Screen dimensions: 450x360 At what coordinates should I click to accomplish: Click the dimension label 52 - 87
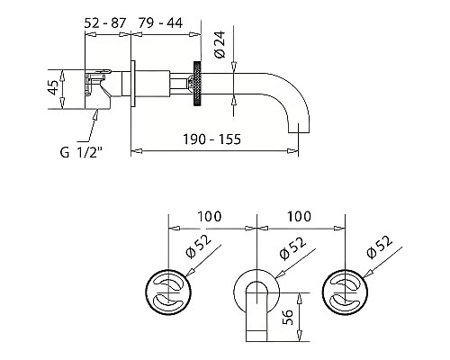[x=104, y=23]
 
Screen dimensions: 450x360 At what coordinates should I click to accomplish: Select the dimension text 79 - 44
[x=160, y=22]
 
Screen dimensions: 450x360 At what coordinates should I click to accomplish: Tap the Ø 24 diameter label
[x=220, y=44]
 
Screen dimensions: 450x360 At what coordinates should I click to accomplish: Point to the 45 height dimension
[x=53, y=87]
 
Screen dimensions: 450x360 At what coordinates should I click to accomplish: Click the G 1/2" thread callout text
[x=81, y=152]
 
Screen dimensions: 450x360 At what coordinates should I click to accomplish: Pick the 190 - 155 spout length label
[x=211, y=139]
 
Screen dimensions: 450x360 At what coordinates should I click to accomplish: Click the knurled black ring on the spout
[x=197, y=84]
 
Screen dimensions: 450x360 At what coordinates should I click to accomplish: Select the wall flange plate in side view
[x=132, y=84]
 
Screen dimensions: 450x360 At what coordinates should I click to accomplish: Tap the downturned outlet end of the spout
[x=299, y=128]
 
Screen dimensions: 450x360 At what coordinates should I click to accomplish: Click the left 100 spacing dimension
[x=210, y=216]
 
